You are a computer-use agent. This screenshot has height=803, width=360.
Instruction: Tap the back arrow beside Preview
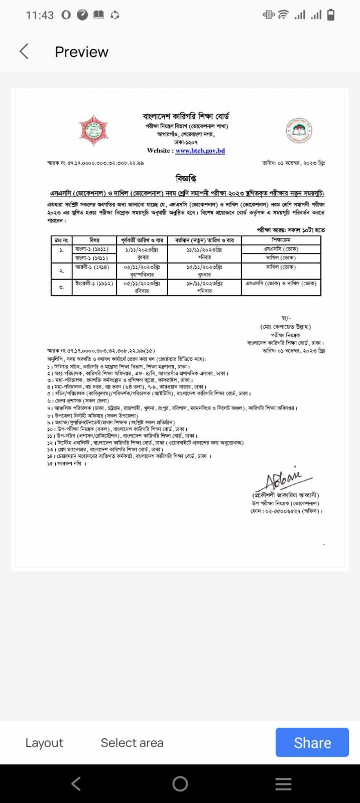coord(24,51)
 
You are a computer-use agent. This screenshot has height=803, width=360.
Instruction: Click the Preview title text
coord(81,52)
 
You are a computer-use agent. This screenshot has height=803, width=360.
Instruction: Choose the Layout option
coord(44,743)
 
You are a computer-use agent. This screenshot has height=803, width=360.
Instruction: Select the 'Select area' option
coord(132,743)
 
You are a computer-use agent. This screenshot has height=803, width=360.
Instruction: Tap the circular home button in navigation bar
coord(180,783)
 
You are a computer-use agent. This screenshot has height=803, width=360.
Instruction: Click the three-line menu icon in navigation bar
coord(283,783)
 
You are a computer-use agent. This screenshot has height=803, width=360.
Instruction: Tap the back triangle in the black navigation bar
coord(76,783)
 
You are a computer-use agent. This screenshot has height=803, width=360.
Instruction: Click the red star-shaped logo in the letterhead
coord(94,130)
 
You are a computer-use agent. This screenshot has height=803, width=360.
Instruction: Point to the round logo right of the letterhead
coord(299,130)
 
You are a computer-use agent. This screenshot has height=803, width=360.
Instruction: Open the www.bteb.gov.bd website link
coord(200,151)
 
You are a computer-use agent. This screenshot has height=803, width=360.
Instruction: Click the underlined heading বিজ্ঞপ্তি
coord(186,178)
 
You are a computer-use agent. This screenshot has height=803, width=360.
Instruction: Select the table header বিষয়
coord(94,240)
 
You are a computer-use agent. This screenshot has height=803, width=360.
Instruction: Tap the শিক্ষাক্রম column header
coord(281,240)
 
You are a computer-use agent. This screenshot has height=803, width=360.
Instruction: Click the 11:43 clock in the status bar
coord(40,15)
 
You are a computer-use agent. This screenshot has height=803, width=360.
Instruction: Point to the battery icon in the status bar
coord(331,15)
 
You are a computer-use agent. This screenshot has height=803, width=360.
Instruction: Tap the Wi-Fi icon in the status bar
coord(283,15)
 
